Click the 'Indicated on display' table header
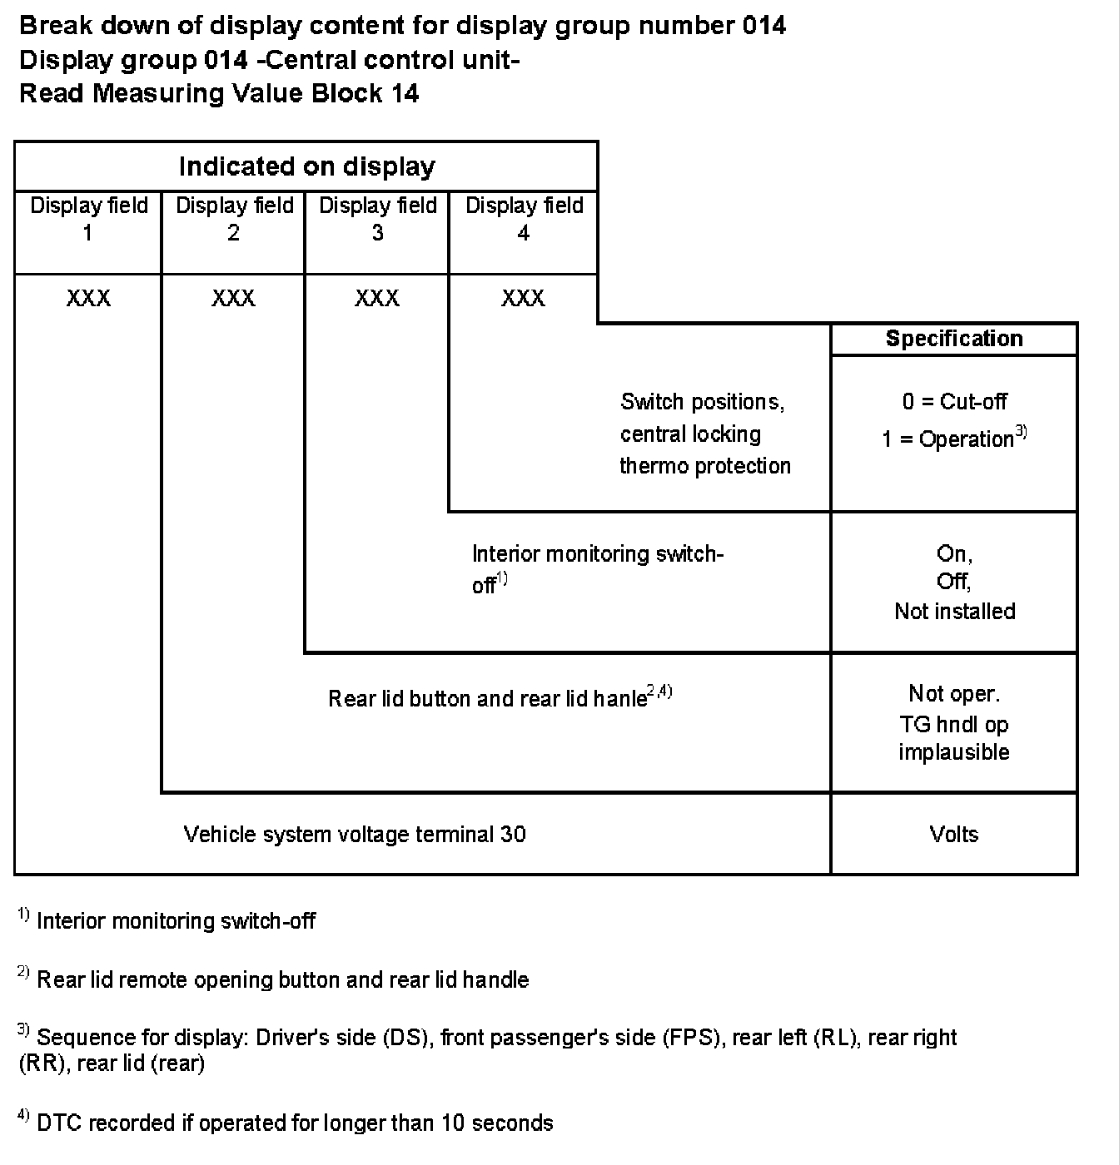pyautogui.click(x=306, y=166)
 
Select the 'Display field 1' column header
pyautogui.click(x=88, y=219)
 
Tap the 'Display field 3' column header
pyautogui.click(x=377, y=219)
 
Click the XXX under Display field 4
pyautogui.click(x=523, y=298)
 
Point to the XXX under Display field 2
pyautogui.click(x=233, y=298)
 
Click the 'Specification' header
pyautogui.click(x=954, y=339)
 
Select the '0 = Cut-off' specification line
pyautogui.click(x=954, y=402)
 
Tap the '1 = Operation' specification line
pyautogui.click(x=949, y=439)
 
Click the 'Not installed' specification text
pyautogui.click(x=954, y=612)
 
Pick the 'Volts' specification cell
pyautogui.click(x=954, y=835)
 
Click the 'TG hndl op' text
pyautogui.click(x=954, y=724)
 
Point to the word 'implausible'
pyautogui.click(x=954, y=752)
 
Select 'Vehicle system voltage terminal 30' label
pyautogui.click(x=355, y=835)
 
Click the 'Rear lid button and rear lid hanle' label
pyautogui.click(x=488, y=698)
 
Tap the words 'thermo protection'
pyautogui.click(x=705, y=466)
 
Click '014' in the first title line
pyautogui.click(x=763, y=27)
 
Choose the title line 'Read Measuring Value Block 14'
pyautogui.click(x=219, y=93)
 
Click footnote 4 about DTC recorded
pyautogui.click(x=294, y=1123)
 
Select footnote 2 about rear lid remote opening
pyautogui.click(x=282, y=980)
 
